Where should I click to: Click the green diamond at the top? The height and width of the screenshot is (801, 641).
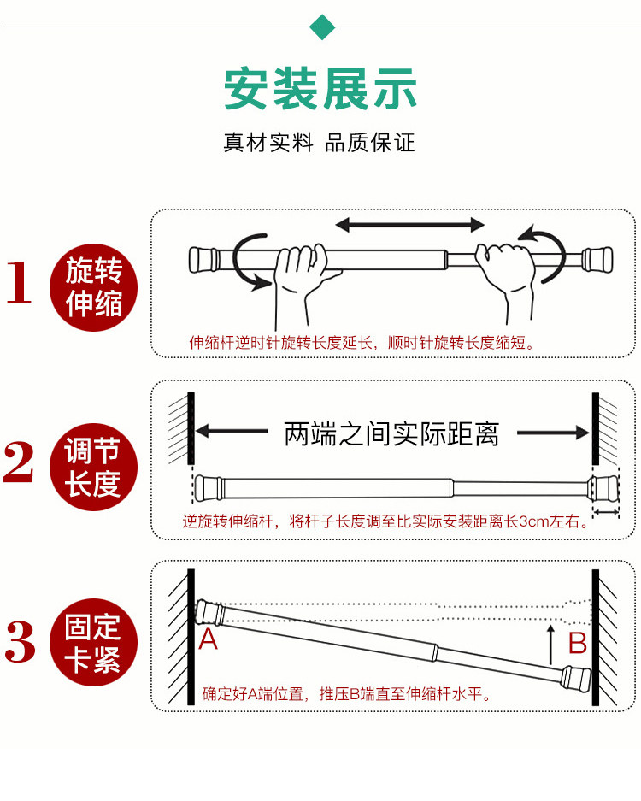321,27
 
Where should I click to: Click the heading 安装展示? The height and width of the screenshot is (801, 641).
320,88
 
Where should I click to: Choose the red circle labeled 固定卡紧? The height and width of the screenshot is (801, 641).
93,642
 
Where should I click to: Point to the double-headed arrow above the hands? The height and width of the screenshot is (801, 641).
409,225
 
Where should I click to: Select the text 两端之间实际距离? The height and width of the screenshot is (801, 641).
391,433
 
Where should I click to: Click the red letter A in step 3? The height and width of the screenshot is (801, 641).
208,639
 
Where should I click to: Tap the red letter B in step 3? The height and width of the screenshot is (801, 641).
578,641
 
